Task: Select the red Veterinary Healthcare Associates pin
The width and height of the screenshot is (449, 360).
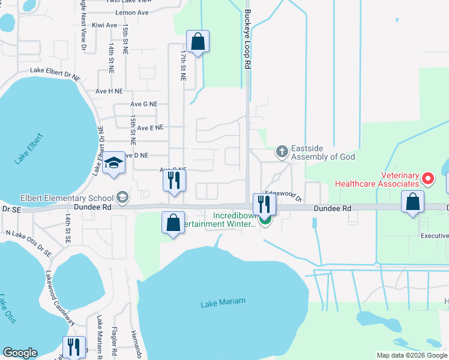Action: pyautogui.click(x=427, y=178)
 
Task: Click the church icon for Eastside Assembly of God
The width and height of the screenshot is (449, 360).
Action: pyautogui.click(x=282, y=152)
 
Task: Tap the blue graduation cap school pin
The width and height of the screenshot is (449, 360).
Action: pyautogui.click(x=113, y=164)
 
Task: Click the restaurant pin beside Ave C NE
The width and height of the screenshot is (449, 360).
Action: pyautogui.click(x=175, y=181)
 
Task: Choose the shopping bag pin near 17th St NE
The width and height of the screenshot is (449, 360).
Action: pyautogui.click(x=197, y=43)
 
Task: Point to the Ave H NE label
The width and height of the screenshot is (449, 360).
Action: pyautogui.click(x=109, y=91)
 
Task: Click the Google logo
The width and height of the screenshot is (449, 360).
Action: pyautogui.click(x=20, y=353)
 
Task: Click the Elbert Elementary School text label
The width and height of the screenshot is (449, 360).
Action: pyautogui.click(x=58, y=198)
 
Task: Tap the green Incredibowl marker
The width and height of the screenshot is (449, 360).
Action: pyautogui.click(x=264, y=221)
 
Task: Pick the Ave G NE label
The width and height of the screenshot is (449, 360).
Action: pyautogui.click(x=143, y=104)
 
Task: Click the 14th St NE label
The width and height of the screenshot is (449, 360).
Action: pyautogui.click(x=112, y=58)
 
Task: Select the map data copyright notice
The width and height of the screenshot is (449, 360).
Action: pyautogui.click(x=411, y=355)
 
